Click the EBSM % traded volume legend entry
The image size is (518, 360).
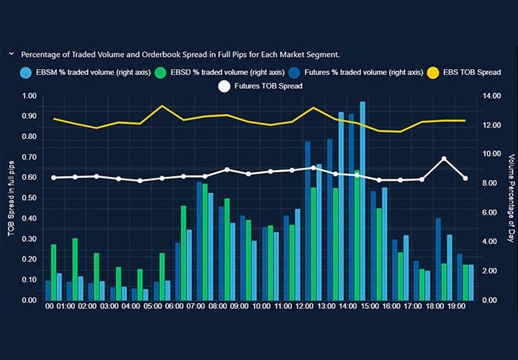[80, 72]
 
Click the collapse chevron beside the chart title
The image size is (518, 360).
[12, 54]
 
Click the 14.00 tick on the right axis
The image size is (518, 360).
[492, 96]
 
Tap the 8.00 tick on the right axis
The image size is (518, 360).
[492, 184]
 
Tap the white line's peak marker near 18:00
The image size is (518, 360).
[444, 159]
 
